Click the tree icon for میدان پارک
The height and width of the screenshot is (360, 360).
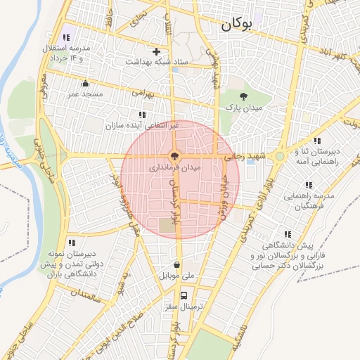[x=243, y=96]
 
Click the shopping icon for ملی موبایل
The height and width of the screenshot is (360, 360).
[x=176, y=266]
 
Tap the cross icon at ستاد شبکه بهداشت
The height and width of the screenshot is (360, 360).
[x=156, y=51]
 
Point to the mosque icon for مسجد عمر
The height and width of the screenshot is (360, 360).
[x=86, y=83]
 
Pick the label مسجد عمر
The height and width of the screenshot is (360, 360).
[x=86, y=94]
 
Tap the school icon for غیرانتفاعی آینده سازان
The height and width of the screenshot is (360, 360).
[x=142, y=114]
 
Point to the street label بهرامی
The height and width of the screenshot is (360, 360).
[x=141, y=92]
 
